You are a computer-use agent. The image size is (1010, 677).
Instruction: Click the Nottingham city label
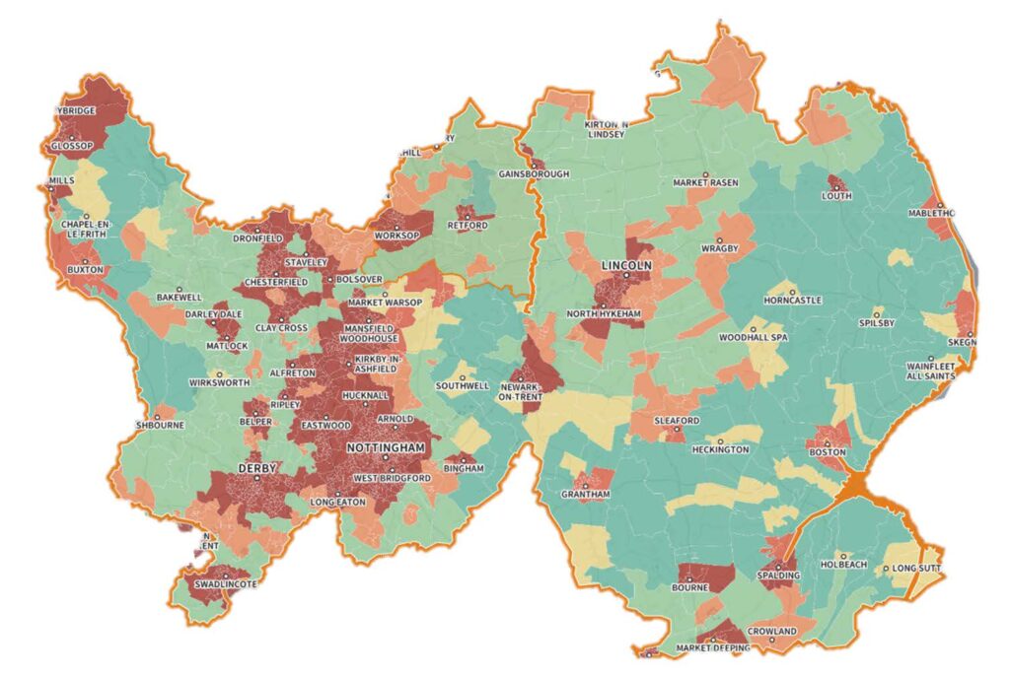(385, 448)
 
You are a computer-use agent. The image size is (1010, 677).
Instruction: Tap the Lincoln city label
(626, 267)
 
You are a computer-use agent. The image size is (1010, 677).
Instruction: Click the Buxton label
(85, 269)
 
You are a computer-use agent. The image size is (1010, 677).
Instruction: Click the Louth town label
(836, 196)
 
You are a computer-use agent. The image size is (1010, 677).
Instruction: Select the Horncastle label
(793, 300)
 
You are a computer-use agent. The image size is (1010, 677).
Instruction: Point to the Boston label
(827, 452)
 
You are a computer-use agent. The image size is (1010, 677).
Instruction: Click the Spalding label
(779, 575)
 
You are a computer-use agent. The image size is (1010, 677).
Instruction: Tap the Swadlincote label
(224, 584)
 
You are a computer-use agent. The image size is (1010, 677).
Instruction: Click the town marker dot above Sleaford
(677, 411)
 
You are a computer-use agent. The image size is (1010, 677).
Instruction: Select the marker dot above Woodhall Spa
(754, 329)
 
